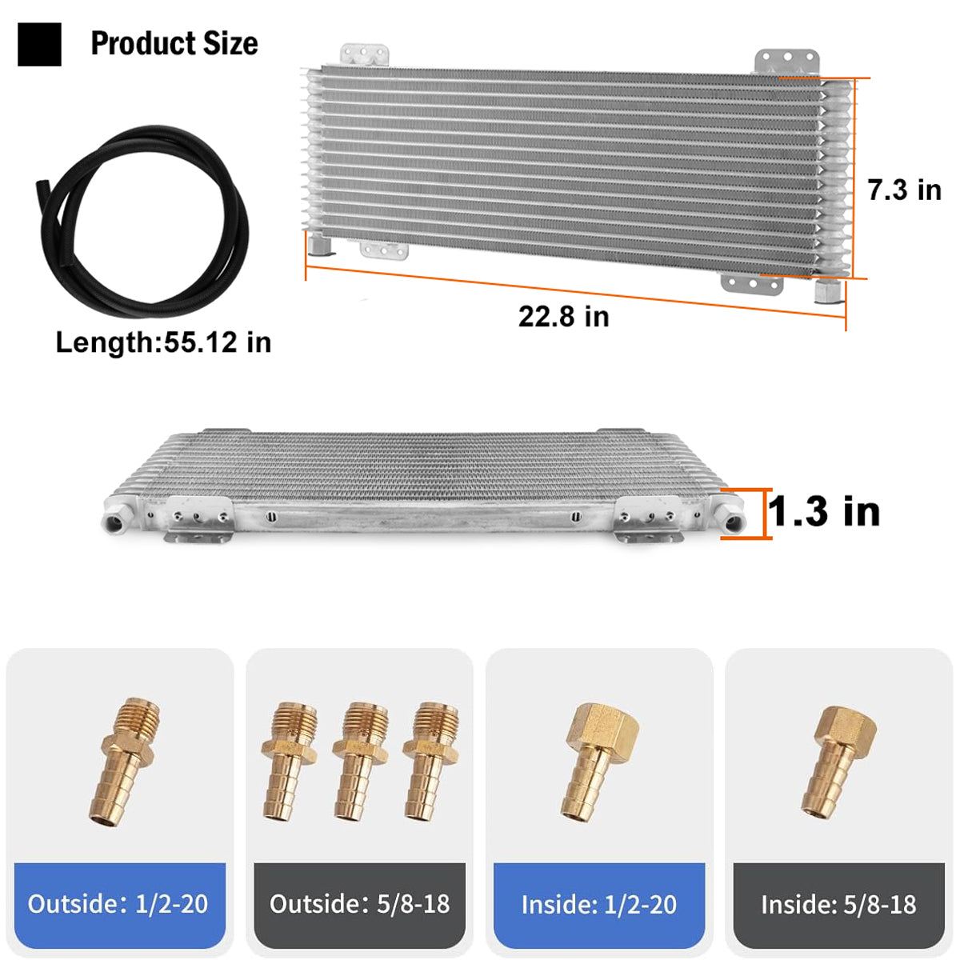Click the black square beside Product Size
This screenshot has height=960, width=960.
pos(39,44)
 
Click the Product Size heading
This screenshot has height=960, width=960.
pos(174,43)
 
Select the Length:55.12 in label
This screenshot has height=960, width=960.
pos(163,342)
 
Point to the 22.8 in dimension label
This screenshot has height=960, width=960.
pos(563,317)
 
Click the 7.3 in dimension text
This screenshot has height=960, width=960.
pos(904,190)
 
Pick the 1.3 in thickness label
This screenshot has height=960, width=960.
pos(825,512)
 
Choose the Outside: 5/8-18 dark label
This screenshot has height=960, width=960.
pos(360,904)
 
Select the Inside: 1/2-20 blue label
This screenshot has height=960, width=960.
pos(599,904)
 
